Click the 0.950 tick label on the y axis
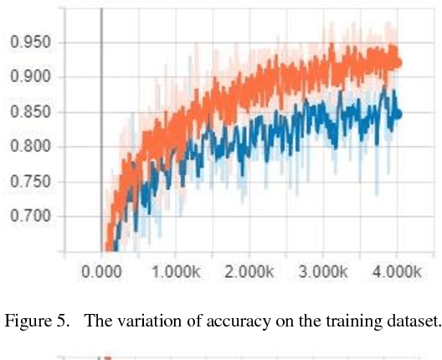[x=29, y=42]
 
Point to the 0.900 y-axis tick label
[x=29, y=77]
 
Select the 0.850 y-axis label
[x=29, y=112]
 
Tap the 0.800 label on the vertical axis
[x=29, y=147]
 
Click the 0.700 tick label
[x=29, y=217]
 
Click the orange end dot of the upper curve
[x=398, y=63]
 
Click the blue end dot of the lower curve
[x=398, y=114]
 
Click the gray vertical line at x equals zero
[x=101, y=126]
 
